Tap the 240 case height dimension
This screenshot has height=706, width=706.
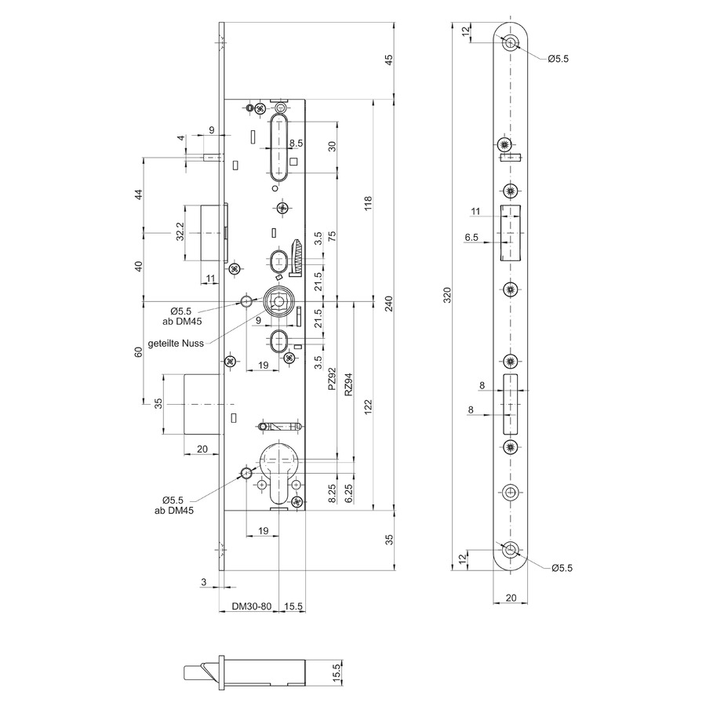click(x=390, y=304)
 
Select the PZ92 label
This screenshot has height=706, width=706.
click(x=333, y=379)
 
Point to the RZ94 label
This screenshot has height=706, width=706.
click(x=348, y=384)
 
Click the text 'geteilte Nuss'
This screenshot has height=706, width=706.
click(x=176, y=343)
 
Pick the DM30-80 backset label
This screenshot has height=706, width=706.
click(x=252, y=606)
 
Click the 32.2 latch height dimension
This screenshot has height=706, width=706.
click(x=180, y=231)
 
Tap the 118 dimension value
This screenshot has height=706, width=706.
click(x=369, y=203)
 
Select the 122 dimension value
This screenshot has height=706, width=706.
click(x=369, y=407)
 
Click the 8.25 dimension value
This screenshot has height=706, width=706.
click(x=333, y=494)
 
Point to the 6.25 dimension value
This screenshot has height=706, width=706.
click(x=348, y=494)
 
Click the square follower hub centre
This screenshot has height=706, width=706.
click(x=278, y=300)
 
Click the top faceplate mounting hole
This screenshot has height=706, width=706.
click(x=510, y=42)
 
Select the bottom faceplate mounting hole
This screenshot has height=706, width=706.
click(x=510, y=550)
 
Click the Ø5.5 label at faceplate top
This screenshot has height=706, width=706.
click(x=559, y=59)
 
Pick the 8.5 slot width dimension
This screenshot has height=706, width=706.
click(x=296, y=144)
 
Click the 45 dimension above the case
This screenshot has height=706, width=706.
click(x=390, y=59)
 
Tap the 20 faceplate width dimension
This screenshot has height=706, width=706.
click(x=511, y=598)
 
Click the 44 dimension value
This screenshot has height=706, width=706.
click(x=139, y=195)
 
